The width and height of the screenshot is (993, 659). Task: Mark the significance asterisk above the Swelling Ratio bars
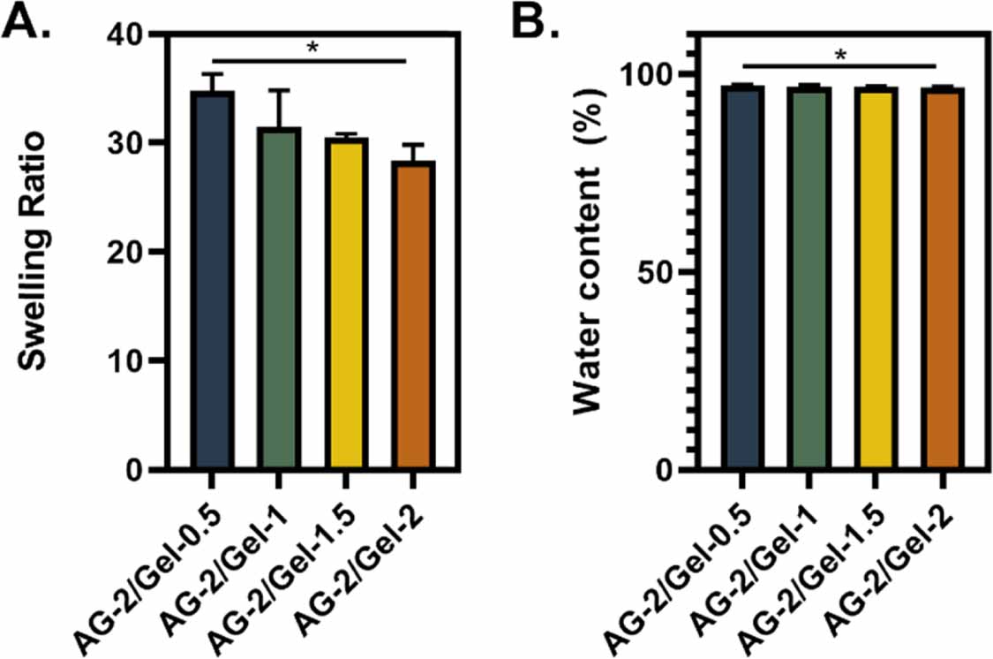311,48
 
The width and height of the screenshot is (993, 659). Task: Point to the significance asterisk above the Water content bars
840,55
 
